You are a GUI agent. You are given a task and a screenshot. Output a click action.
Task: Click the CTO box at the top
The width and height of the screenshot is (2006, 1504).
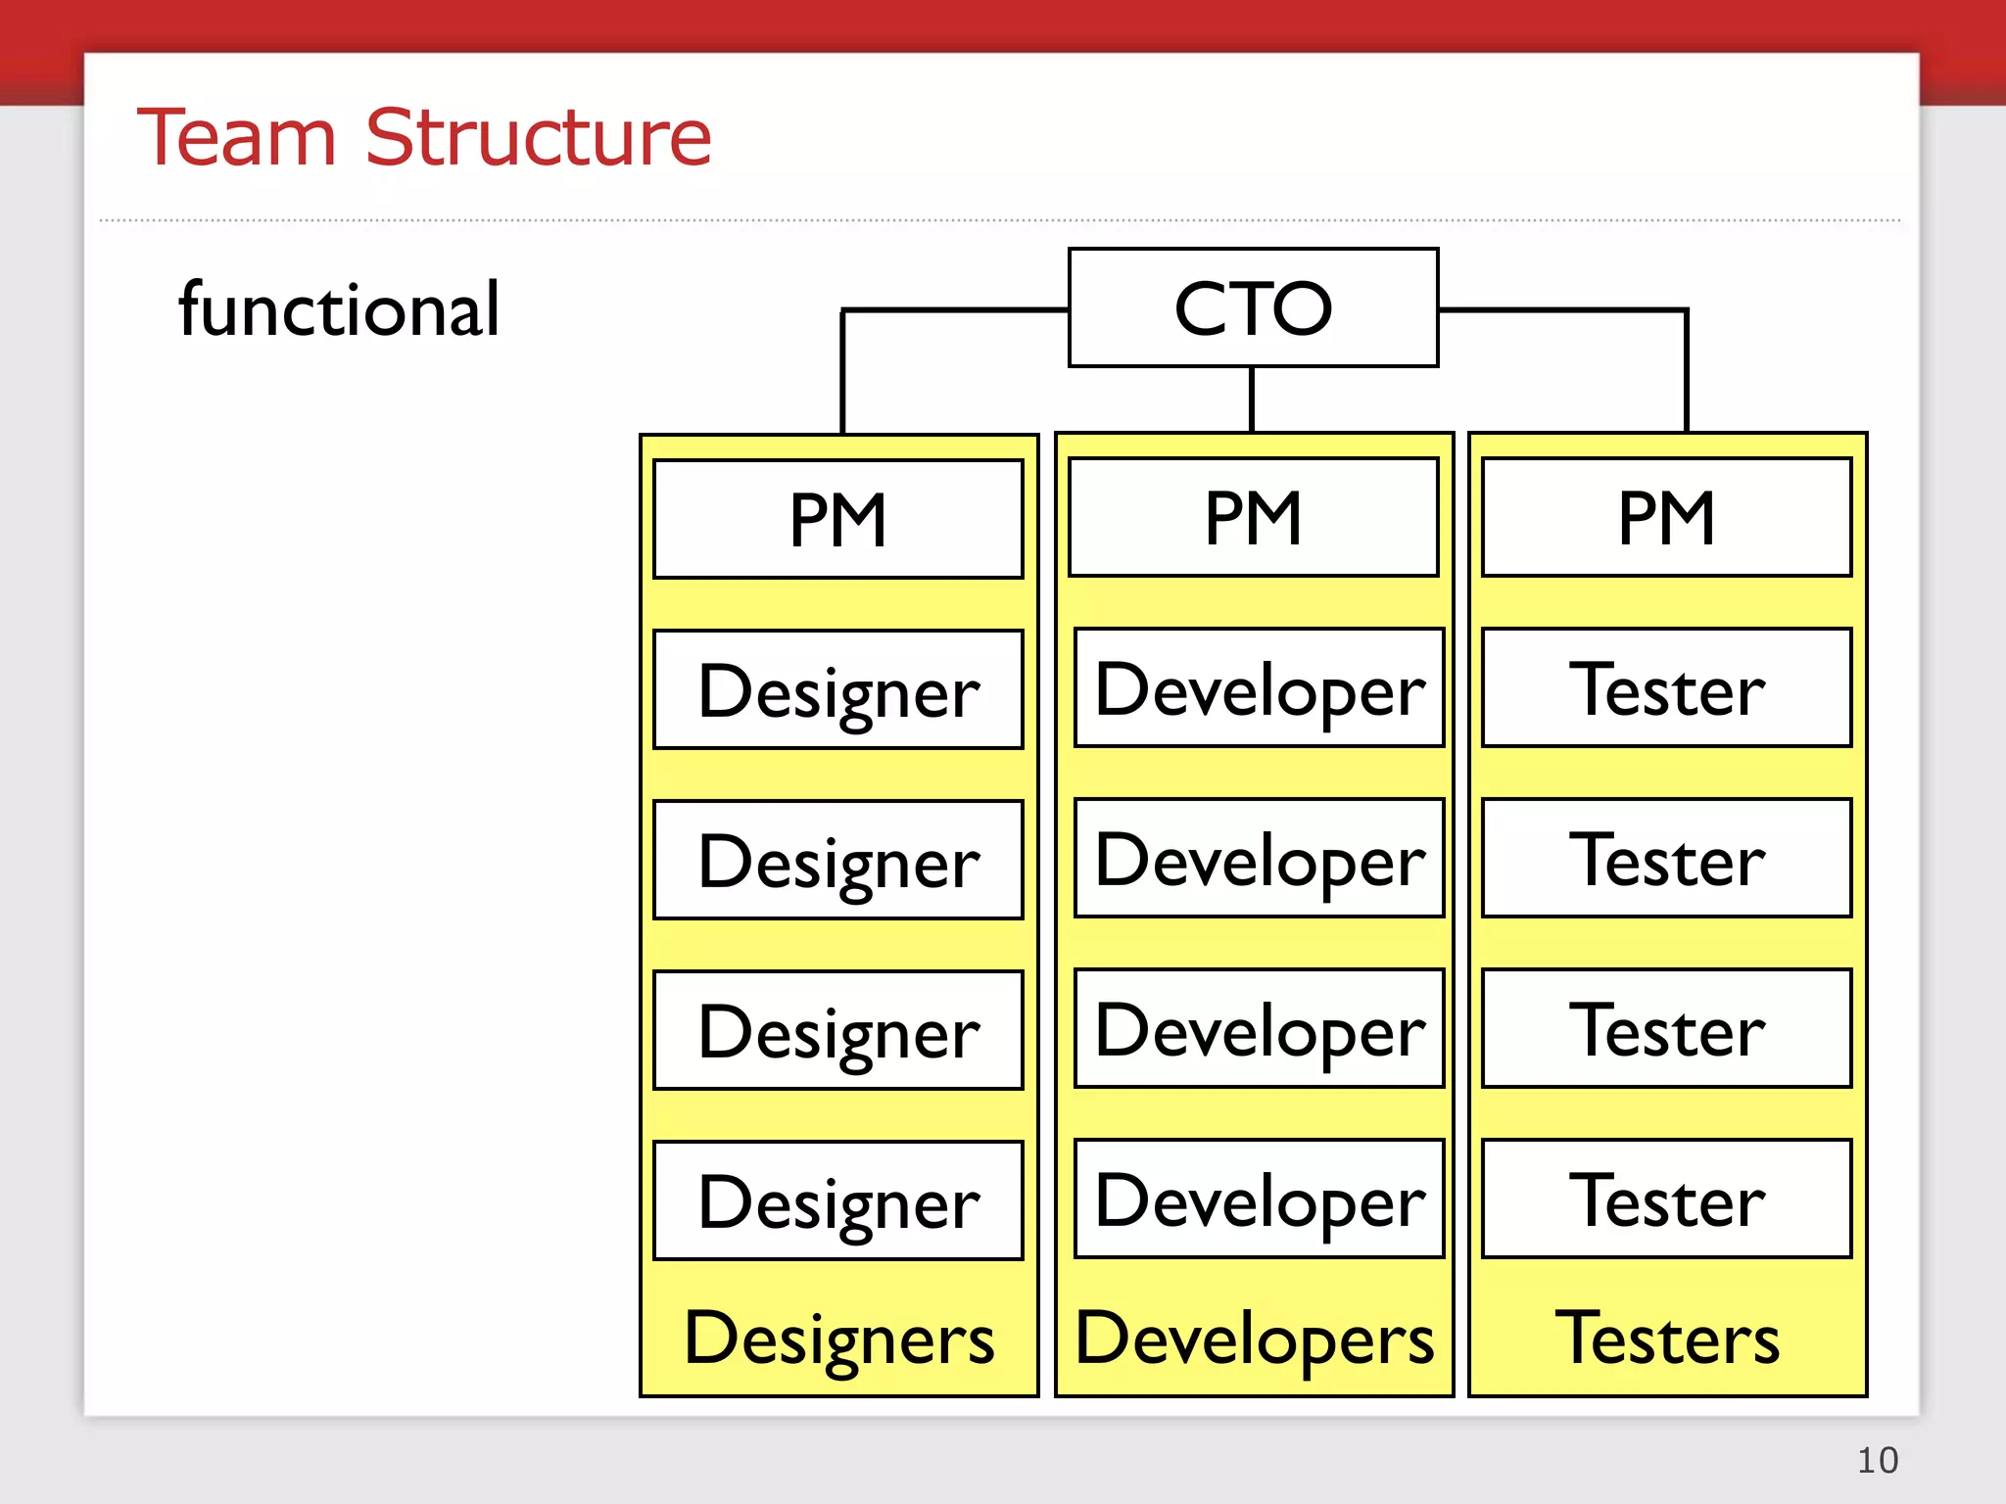point(1253,307)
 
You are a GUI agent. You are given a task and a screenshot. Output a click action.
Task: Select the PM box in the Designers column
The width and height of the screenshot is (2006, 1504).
point(837,519)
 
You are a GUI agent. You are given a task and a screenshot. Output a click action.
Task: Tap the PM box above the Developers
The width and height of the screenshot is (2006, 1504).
point(1253,517)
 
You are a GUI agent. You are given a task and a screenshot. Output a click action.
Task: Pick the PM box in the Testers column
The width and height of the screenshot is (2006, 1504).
point(1666,517)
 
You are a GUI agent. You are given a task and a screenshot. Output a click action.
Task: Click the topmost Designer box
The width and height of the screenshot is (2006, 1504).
point(837,689)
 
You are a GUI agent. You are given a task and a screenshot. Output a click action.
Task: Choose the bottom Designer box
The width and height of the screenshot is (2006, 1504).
point(837,1200)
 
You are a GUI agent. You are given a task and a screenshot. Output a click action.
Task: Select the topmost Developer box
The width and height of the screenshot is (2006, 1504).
point(1259,687)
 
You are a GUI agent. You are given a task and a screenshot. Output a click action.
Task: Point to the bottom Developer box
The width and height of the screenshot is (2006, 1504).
point(1259,1198)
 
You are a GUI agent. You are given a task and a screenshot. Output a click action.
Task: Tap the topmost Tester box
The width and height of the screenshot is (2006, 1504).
point(1666,687)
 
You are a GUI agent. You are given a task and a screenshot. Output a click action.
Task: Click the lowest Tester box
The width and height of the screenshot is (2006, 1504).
point(1666,1198)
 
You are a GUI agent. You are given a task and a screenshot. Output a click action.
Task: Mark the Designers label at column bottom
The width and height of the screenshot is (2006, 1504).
point(838,1339)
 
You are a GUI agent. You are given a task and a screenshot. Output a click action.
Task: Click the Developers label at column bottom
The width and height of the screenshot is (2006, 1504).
point(1254,1339)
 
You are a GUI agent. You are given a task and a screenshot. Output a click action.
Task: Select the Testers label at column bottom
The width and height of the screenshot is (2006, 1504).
point(1667,1339)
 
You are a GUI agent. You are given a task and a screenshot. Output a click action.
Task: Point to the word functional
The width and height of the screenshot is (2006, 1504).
point(339,309)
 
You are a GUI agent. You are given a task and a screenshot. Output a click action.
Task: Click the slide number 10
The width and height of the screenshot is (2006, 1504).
point(1877,1460)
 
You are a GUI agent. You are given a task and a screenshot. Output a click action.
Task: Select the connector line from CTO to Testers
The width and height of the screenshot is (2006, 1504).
point(1686,352)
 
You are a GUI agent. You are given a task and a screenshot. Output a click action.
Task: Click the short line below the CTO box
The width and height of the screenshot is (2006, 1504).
point(1252,399)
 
